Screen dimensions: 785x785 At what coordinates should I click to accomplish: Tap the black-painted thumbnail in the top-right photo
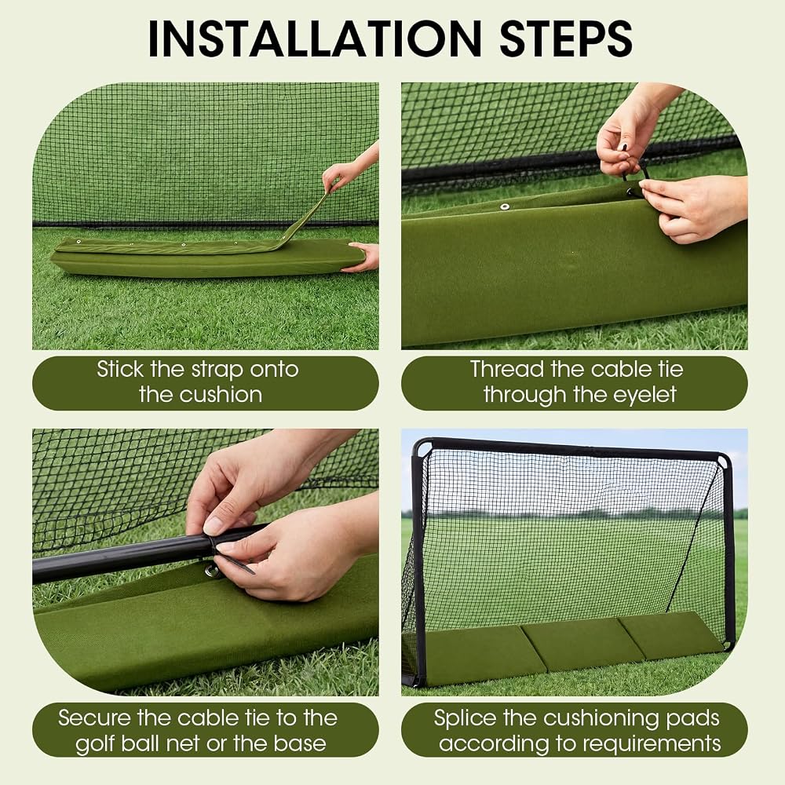624,147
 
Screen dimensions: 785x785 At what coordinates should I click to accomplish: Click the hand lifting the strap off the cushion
345,170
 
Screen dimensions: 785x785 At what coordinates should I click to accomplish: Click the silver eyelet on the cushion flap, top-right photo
505,206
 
